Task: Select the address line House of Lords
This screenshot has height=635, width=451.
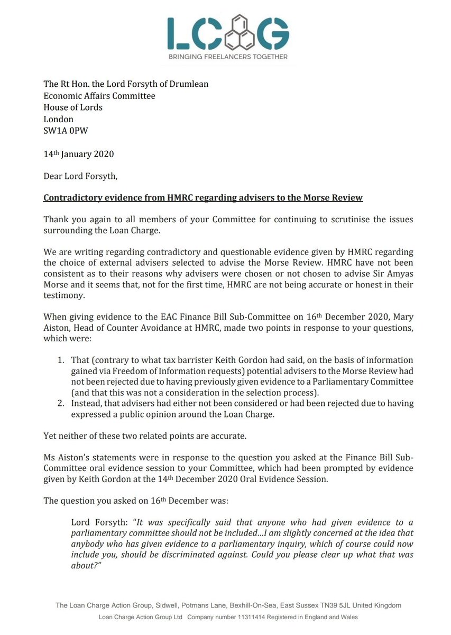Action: coord(73,107)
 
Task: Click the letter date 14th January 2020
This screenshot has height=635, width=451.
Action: coord(78,155)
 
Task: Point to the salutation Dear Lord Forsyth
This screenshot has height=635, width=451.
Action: coord(80,177)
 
